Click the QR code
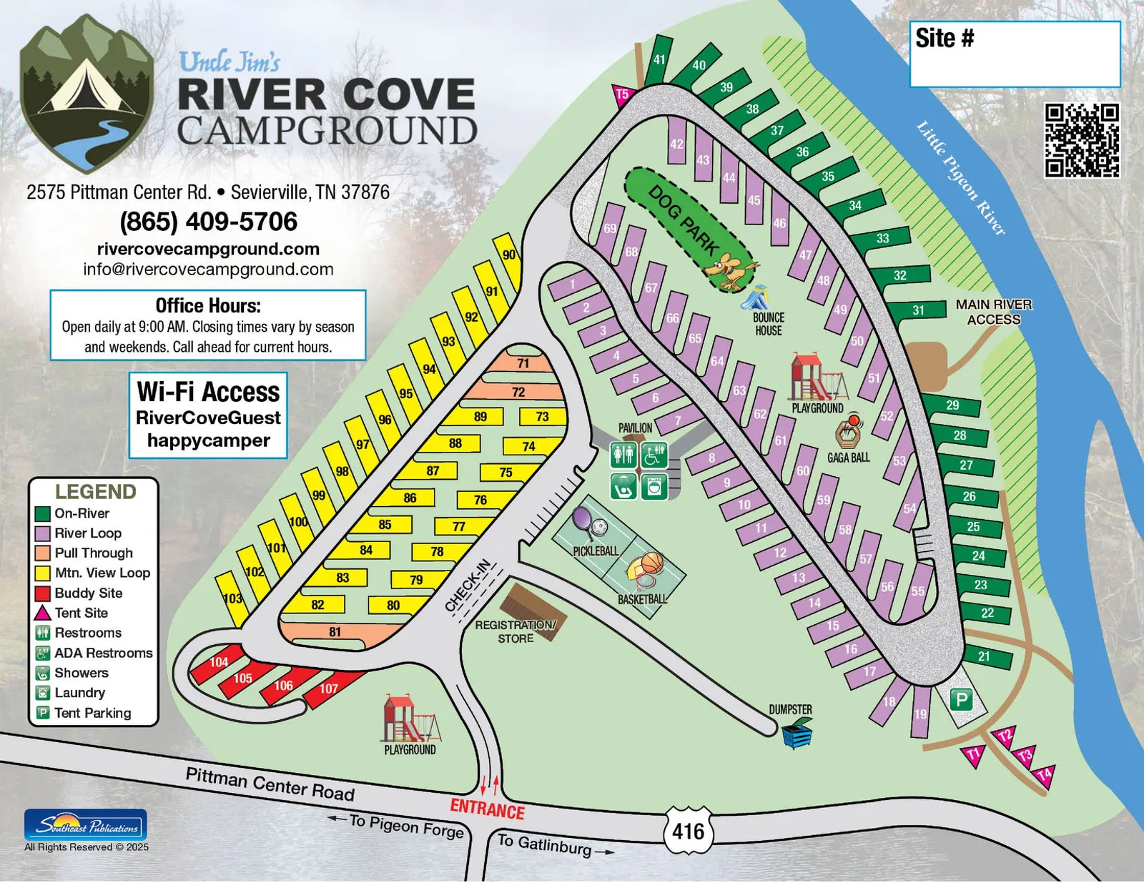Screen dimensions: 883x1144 click(1082, 140)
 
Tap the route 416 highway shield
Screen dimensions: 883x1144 click(688, 831)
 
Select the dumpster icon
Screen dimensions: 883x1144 click(796, 734)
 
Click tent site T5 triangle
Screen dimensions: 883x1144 click(623, 94)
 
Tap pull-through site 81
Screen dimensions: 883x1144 click(335, 632)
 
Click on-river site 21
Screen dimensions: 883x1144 click(986, 656)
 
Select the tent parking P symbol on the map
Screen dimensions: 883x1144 click(962, 699)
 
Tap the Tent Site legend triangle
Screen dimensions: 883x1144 click(43, 613)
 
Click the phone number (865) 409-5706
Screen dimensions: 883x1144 click(208, 222)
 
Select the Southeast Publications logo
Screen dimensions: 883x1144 click(86, 825)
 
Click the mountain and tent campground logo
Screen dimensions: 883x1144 click(87, 93)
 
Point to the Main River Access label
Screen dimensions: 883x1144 click(993, 312)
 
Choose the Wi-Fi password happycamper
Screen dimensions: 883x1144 click(208, 440)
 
